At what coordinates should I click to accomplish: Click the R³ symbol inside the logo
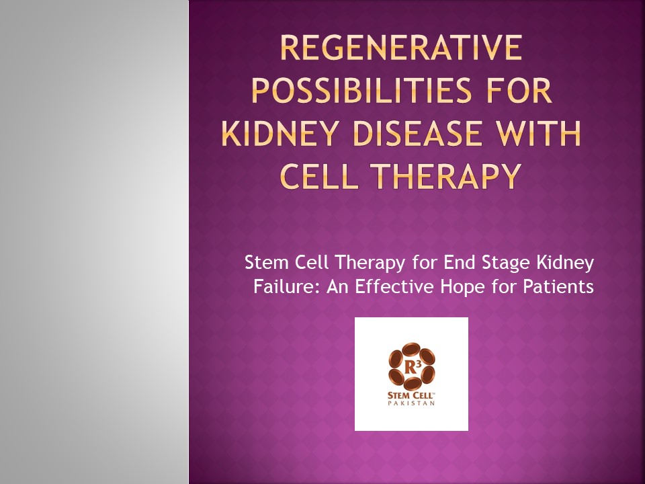click(x=411, y=367)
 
